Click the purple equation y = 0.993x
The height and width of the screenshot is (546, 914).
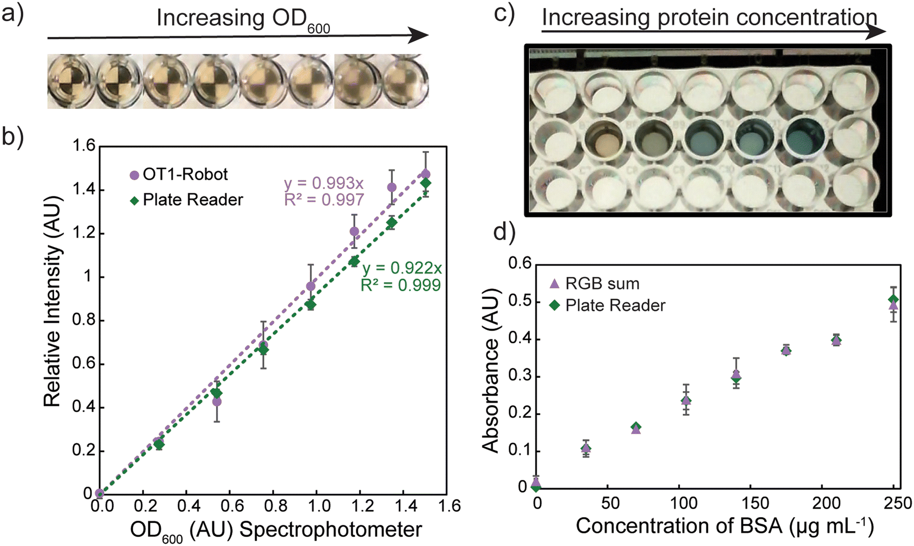324,183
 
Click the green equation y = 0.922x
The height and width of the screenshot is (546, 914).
402,268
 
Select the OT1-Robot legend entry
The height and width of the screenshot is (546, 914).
179,175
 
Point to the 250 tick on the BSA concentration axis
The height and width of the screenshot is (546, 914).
897,503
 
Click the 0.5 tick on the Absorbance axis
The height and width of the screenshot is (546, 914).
520,302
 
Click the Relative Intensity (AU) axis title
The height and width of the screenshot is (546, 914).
52,301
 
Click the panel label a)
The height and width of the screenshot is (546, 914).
12,14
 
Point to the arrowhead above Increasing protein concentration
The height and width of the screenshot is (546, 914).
876,32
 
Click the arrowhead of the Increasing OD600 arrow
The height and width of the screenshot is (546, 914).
418,35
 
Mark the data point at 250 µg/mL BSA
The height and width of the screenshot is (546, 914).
893,303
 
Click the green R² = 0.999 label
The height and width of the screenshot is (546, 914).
401,285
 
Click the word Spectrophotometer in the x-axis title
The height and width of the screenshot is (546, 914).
331,529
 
